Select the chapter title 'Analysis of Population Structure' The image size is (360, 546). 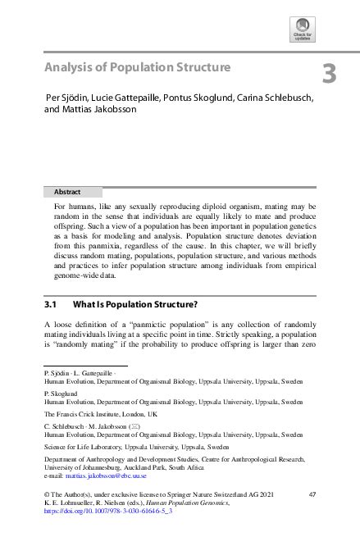pos(137,66)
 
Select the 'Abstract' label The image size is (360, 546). pos(67,192)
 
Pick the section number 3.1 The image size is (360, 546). pos(55,303)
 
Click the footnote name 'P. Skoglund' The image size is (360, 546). pos(62,394)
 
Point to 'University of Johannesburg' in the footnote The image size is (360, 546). pos(80,467)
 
